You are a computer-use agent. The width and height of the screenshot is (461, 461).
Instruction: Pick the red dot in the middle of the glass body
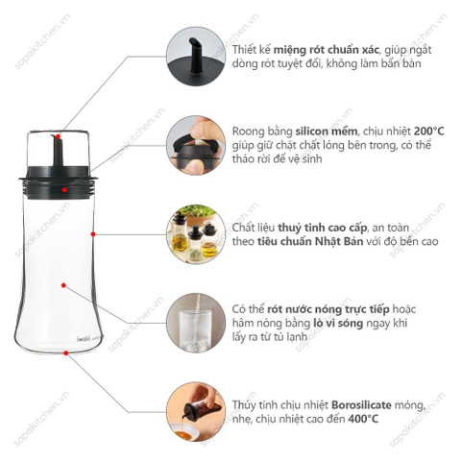tap(62, 284)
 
